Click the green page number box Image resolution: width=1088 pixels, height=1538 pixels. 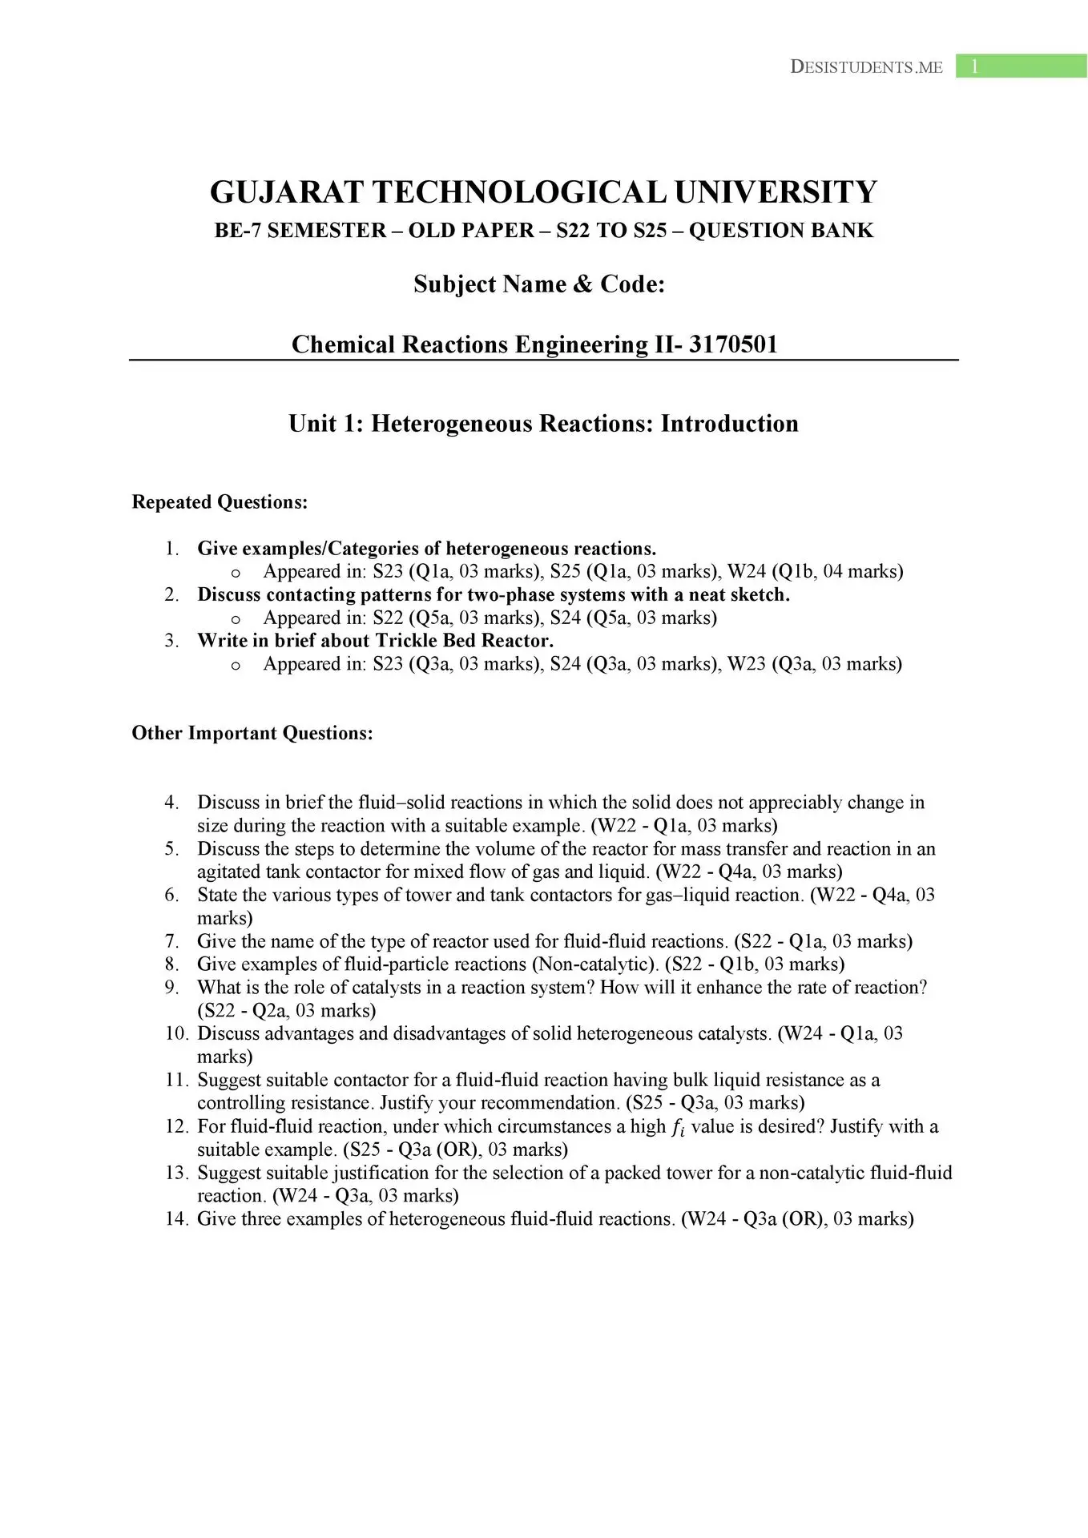1021,66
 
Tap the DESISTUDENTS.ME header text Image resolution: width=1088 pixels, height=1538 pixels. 866,67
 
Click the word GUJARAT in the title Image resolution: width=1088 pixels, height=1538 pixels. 286,192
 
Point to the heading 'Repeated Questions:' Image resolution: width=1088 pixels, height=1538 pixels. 220,502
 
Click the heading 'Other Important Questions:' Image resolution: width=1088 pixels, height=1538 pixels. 252,733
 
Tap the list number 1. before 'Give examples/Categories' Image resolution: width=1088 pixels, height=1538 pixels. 171,549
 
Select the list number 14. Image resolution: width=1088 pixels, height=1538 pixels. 176,1218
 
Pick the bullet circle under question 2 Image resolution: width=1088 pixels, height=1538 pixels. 236,618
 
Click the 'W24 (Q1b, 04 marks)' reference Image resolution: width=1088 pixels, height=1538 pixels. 815,571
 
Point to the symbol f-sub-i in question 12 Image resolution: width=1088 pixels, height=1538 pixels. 678,1127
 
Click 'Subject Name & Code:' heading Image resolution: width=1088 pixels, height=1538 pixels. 539,284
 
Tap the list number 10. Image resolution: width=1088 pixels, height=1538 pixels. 176,1033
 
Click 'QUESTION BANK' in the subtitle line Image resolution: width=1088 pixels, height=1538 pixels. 781,231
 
